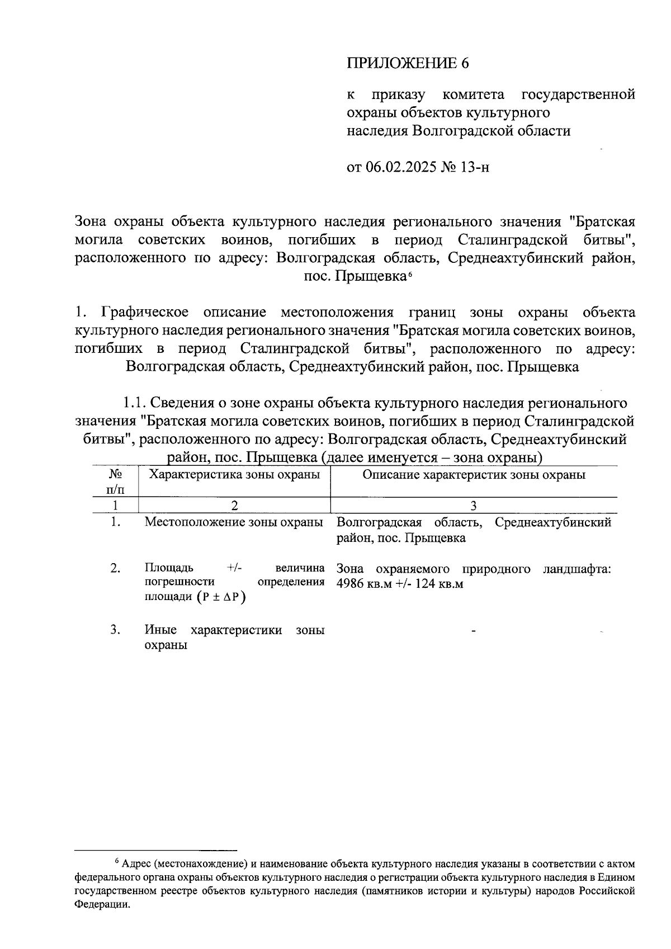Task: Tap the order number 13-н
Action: (474, 167)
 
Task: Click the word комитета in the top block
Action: (473, 94)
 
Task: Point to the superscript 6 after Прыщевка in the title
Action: (410, 273)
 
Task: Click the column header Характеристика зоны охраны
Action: (234, 475)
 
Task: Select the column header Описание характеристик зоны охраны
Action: (474, 475)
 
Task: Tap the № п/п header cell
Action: (116, 481)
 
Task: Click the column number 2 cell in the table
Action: (234, 506)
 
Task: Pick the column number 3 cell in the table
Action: (474, 506)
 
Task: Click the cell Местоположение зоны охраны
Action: (234, 522)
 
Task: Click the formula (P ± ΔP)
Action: (221, 597)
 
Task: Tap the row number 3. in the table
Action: (116, 630)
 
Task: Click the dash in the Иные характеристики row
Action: (474, 631)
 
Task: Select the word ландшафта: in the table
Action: (577, 569)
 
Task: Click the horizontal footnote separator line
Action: (157, 849)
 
